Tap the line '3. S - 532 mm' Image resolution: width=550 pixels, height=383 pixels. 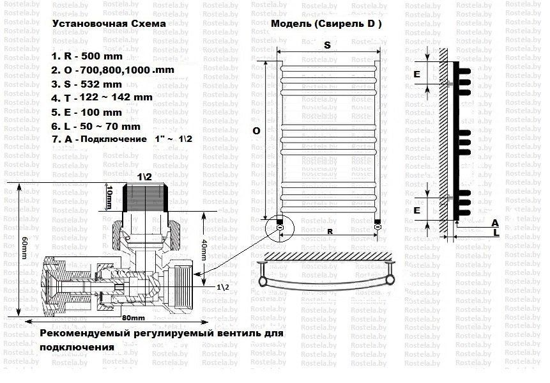click(86, 84)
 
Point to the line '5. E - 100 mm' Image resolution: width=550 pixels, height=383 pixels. click(86, 112)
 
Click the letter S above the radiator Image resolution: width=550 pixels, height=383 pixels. click(326, 45)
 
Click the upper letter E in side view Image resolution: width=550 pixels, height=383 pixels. click(416, 75)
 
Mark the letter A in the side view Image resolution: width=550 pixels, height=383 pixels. click(495, 223)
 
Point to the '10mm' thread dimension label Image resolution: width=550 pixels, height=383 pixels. click(109, 196)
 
